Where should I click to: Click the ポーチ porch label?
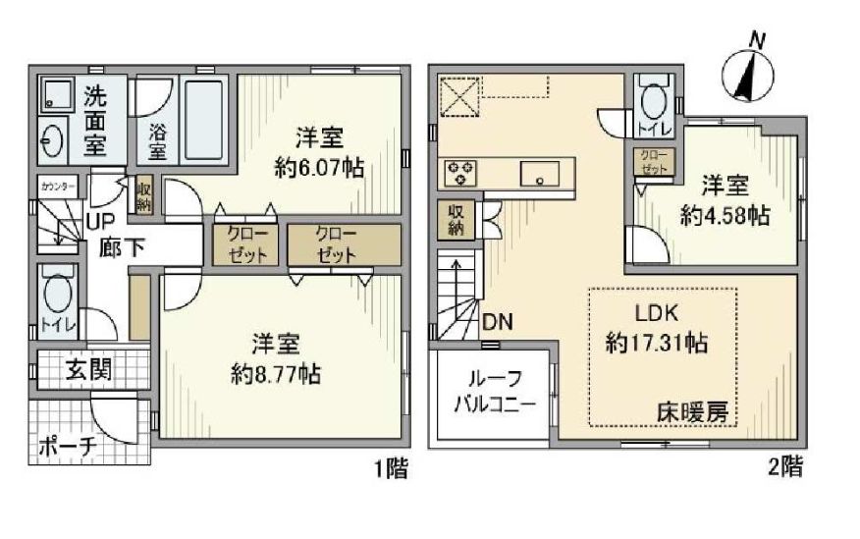point(68,447)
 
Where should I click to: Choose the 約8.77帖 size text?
point(274,374)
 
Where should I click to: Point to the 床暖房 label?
point(693,413)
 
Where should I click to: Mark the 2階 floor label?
point(784,468)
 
